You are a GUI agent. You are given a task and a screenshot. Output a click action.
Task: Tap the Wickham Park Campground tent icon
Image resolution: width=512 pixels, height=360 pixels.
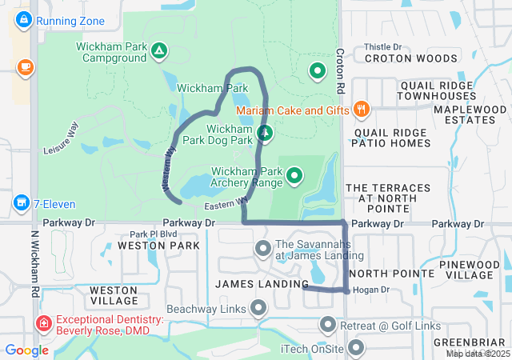coord(159,52)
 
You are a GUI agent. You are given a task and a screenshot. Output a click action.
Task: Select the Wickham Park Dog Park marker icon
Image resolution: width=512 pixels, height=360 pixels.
coord(265,133)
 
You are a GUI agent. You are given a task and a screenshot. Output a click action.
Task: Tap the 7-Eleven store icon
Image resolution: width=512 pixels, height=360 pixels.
coord(21,203)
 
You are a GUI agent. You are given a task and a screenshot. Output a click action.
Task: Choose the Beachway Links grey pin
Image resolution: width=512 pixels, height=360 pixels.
coord(258,308)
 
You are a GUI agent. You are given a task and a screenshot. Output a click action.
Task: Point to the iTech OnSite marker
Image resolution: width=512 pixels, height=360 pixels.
coord(355,348)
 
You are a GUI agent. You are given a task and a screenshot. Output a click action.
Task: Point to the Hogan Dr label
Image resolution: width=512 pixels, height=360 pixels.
coord(370,290)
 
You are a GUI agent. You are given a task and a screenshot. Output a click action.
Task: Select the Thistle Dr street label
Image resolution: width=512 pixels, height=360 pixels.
coord(382,47)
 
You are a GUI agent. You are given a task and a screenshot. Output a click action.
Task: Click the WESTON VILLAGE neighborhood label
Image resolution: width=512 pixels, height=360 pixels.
coord(114,294)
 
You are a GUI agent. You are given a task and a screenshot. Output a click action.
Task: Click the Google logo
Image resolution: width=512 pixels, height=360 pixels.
coord(26,350)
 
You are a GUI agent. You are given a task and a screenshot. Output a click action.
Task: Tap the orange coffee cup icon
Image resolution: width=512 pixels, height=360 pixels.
coord(24,66)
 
